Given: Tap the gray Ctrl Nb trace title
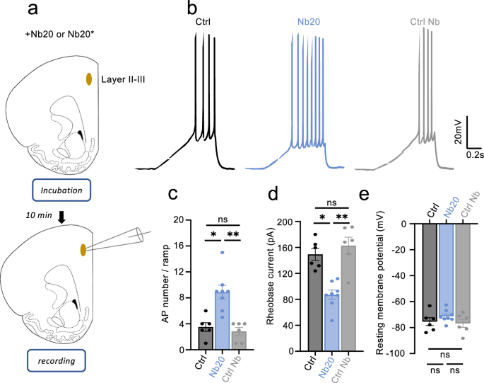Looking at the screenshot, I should pos(424,23).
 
